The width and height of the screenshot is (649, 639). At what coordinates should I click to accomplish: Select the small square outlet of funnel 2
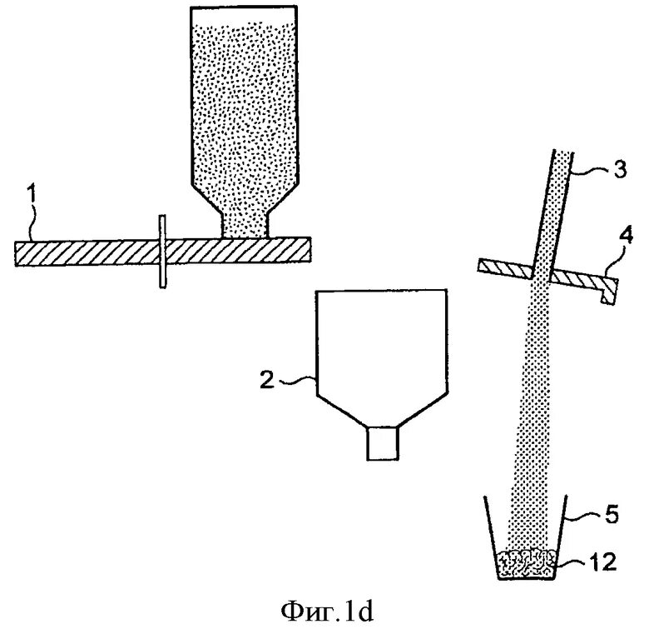[384, 442]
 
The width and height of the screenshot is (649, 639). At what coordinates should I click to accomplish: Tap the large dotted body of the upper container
[244, 100]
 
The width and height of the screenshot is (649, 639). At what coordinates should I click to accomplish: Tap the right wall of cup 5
[562, 537]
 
